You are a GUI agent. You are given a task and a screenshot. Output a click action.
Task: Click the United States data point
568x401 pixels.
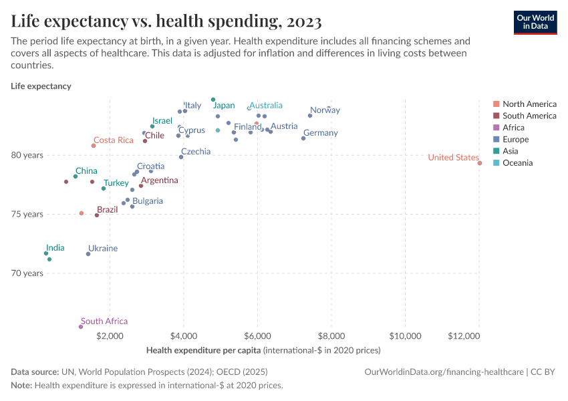point(479,162)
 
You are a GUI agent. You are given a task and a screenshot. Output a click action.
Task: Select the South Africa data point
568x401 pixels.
point(81,327)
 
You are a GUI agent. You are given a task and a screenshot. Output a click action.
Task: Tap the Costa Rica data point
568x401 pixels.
point(94,146)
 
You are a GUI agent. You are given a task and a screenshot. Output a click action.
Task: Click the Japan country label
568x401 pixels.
point(224,106)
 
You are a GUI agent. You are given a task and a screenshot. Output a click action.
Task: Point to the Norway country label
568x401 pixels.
point(325,110)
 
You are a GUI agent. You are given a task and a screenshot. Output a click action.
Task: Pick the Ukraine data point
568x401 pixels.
point(88,254)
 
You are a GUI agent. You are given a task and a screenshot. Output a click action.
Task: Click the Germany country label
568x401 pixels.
point(320,133)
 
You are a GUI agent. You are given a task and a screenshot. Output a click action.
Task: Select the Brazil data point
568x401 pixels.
point(97,215)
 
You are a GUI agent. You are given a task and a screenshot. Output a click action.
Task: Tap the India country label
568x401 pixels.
point(55,248)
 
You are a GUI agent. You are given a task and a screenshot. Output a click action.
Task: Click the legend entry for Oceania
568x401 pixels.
point(518,163)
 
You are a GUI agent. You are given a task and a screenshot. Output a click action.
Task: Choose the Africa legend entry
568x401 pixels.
point(513,128)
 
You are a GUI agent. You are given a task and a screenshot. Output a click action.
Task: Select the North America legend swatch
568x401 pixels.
point(495,104)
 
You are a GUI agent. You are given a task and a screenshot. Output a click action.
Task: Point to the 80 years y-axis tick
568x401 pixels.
point(28,155)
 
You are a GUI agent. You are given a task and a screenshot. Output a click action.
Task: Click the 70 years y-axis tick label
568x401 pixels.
point(28,273)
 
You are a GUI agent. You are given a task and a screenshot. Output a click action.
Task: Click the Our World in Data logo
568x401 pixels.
point(535,22)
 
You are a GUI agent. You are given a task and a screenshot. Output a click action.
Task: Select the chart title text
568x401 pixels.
point(166,21)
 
